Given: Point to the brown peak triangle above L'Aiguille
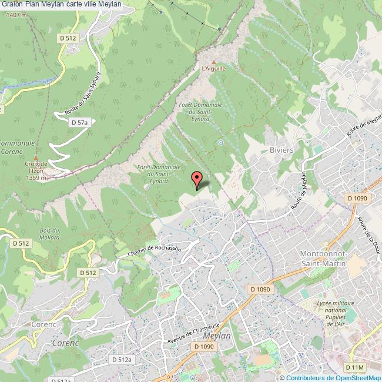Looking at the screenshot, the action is (214, 61).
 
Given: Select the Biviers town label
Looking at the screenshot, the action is (282, 150).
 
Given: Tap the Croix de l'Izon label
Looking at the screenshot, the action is (36, 170).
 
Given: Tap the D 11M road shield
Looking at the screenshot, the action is (354, 367).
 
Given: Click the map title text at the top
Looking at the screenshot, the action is (61, 4).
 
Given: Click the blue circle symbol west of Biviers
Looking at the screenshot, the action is (220, 142).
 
